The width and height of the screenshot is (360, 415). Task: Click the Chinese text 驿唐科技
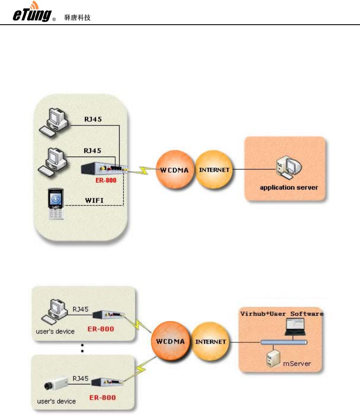coord(77,18)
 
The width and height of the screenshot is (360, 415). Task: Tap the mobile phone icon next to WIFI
coord(55,204)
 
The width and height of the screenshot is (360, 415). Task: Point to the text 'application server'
coord(289,187)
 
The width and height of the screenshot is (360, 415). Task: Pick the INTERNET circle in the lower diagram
coord(211,342)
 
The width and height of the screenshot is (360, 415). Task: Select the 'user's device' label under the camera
coord(57,401)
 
